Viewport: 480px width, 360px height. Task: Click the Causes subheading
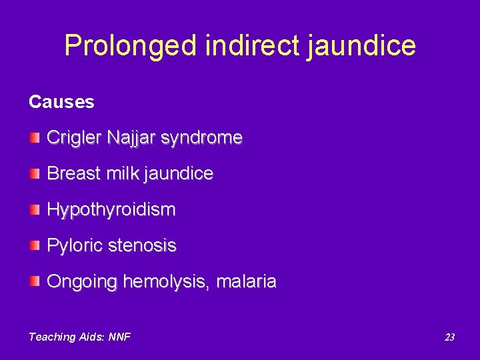tap(61, 102)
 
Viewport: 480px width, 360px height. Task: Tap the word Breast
tap(72, 174)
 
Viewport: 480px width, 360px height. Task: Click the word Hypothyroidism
tap(111, 210)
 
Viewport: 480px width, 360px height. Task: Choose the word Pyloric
tap(72, 246)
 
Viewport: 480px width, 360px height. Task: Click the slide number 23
tap(449, 337)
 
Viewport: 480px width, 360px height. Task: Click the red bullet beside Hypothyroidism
tap(35, 209)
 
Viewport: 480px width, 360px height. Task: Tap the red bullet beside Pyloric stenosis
tap(35, 245)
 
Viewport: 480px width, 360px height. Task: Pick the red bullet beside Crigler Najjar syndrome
tap(35, 138)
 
